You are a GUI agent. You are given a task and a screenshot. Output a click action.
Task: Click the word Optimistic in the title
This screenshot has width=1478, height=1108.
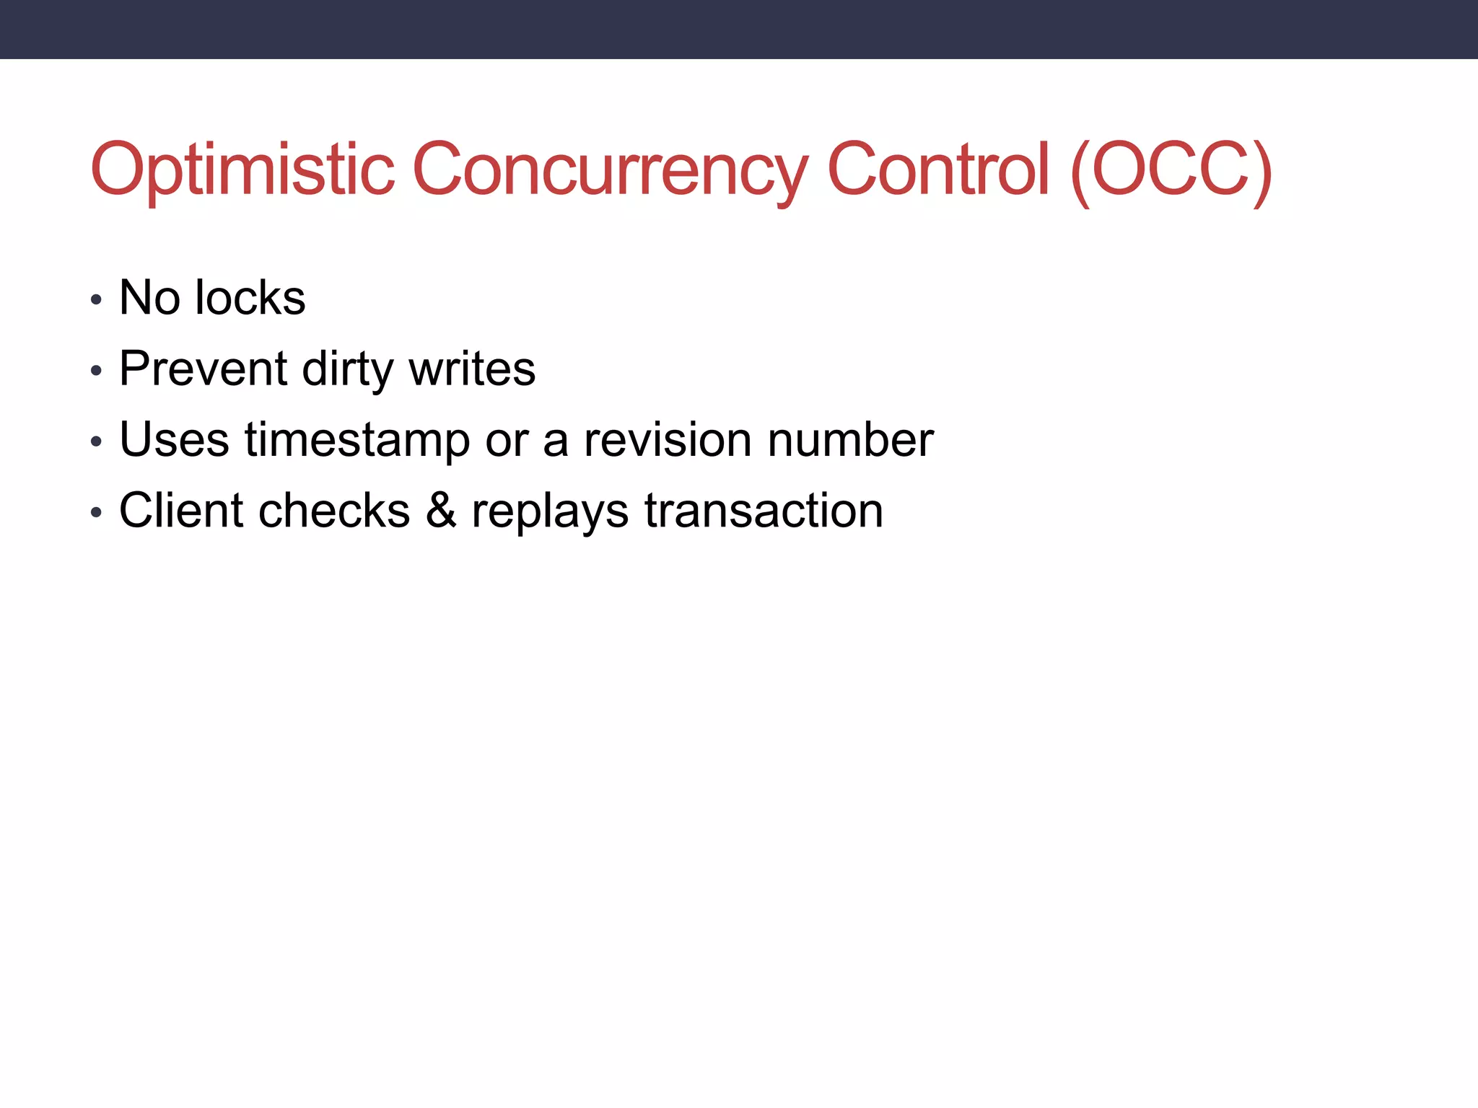[242, 170]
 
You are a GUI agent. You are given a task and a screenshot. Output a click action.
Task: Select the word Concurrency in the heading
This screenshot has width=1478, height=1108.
[610, 170]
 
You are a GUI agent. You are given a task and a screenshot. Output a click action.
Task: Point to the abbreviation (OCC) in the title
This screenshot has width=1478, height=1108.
[1171, 170]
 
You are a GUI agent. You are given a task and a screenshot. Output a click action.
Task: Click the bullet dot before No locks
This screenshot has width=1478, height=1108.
[97, 300]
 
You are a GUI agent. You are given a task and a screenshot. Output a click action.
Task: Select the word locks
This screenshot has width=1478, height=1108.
[250, 297]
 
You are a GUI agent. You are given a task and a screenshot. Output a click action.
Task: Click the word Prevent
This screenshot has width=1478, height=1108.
[204, 369]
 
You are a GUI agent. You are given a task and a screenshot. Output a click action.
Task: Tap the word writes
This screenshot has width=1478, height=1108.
[472, 369]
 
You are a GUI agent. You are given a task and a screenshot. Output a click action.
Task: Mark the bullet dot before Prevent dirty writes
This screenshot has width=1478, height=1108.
[97, 371]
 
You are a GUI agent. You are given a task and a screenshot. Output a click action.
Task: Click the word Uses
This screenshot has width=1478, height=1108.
[174, 439]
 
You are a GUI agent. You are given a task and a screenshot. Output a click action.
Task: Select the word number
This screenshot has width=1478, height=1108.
[851, 439]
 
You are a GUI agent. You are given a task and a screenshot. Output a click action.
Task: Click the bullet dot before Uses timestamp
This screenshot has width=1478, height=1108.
[97, 441]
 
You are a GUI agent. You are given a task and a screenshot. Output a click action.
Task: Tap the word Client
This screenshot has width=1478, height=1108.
[181, 510]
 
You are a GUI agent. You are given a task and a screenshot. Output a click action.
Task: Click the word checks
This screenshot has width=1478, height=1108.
[334, 510]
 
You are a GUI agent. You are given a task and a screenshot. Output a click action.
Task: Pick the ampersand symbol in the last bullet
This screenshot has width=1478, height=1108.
[440, 510]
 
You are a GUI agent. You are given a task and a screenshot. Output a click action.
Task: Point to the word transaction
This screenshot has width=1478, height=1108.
[764, 510]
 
